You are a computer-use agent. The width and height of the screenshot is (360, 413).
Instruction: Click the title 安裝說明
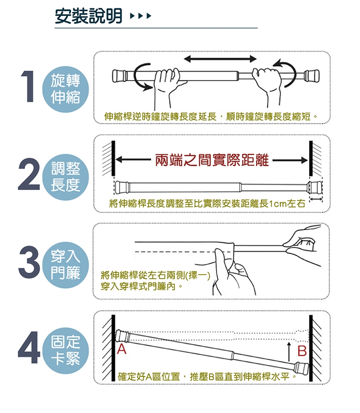pyautogui.click(x=88, y=16)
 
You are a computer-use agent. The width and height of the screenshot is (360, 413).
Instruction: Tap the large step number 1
pyautogui.click(x=28, y=86)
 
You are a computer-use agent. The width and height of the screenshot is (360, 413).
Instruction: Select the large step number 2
pyautogui.click(x=29, y=174)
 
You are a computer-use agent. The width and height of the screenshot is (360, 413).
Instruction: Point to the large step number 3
pyautogui.click(x=29, y=262)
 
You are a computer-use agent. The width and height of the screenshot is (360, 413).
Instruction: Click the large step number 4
pyautogui.click(x=29, y=348)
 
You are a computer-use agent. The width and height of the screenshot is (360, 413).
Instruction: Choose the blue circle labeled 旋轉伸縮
pyautogui.click(x=66, y=89)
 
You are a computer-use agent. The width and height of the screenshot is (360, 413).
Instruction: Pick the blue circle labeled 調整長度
pyautogui.click(x=66, y=177)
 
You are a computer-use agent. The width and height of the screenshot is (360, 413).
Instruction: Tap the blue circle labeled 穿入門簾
pyautogui.click(x=66, y=265)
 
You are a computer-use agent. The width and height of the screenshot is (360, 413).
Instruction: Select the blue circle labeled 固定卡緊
pyautogui.click(x=66, y=351)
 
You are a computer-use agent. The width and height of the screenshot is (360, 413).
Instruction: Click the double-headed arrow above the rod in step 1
pyautogui.click(x=220, y=59)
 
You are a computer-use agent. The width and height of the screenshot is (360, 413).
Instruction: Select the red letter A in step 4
pyautogui.click(x=122, y=349)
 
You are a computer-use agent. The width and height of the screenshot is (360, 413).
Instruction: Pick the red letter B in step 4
pyautogui.click(x=302, y=351)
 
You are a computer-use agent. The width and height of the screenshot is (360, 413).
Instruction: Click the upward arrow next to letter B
pyautogui.click(x=289, y=352)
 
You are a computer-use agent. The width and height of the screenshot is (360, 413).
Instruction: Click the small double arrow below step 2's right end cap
pyautogui.click(x=316, y=199)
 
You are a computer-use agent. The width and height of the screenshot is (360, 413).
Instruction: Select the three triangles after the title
pyautogui.click(x=141, y=16)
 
